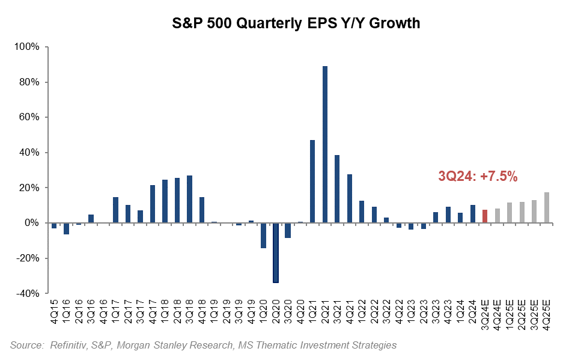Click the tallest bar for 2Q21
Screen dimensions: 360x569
point(325,144)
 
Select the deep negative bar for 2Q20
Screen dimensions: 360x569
point(276,252)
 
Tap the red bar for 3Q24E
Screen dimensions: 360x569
point(485,216)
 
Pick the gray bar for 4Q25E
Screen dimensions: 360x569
point(547,207)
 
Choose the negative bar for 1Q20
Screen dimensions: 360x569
point(263,235)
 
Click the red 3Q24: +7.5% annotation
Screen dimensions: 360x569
point(478,177)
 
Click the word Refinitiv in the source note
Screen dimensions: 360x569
point(68,345)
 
